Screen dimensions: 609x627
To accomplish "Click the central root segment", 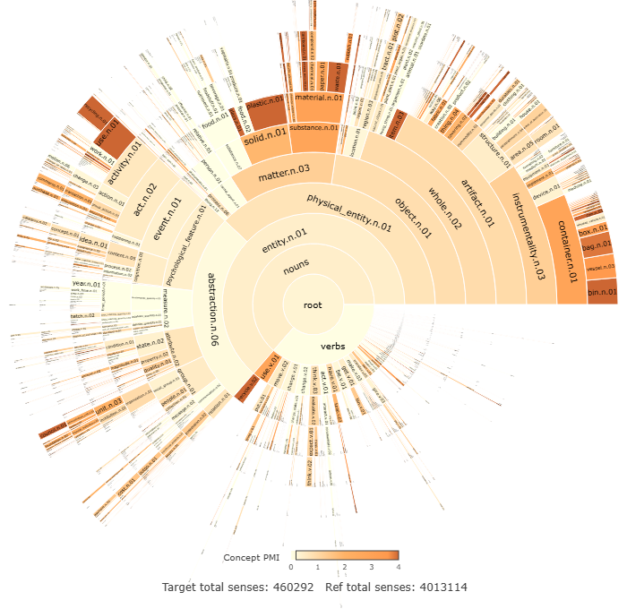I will (312, 305).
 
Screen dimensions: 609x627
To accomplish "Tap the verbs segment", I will (332, 345).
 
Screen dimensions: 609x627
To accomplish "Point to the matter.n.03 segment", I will (284, 171).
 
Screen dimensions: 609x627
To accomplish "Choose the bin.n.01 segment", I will (601, 290).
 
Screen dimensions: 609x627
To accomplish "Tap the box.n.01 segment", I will (595, 233).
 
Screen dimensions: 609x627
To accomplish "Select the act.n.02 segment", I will (145, 190).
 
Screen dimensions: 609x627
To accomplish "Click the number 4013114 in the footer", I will (439, 588).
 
